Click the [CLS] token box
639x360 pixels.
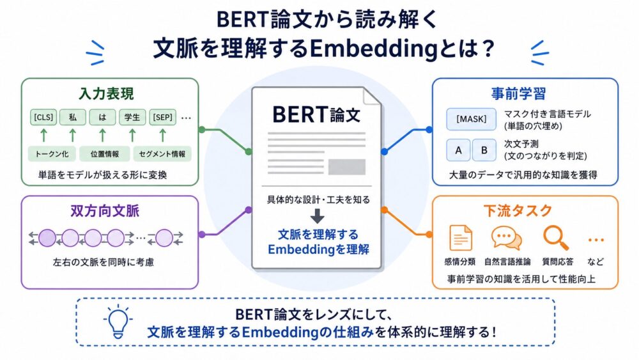tap(43, 118)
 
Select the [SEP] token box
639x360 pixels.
tap(162, 118)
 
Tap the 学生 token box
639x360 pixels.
tap(132, 118)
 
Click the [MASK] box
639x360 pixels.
tap(471, 119)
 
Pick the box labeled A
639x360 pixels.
tap(458, 150)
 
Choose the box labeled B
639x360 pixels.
tap(484, 150)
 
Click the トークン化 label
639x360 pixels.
tap(52, 154)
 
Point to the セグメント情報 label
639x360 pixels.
tap(162, 154)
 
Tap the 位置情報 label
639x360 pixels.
tap(105, 154)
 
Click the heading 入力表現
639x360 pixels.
tap(106, 94)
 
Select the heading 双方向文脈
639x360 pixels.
tap(105, 211)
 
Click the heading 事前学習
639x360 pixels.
tap(518, 94)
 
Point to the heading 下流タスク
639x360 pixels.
tap(518, 211)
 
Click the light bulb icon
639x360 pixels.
tap(118, 322)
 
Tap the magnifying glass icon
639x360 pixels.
tap(556, 238)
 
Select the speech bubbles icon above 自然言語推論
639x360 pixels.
tap(506, 238)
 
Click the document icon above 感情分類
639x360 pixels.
tap(461, 238)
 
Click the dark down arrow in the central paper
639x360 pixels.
tap(318, 216)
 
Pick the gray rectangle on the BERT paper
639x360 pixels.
tap(347, 167)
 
